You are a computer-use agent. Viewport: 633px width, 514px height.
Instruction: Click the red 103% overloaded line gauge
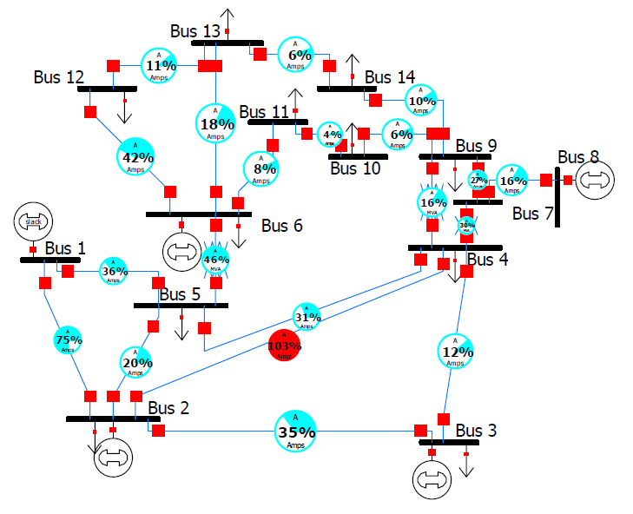tap(285, 346)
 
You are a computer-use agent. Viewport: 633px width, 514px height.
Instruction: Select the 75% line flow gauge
tap(69, 339)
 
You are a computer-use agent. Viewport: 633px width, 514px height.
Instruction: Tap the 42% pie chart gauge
tap(137, 157)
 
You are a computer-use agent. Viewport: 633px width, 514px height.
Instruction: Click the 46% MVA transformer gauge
tap(216, 259)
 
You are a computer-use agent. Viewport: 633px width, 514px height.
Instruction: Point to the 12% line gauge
tap(458, 352)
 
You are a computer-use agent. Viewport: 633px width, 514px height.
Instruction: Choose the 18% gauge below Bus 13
tap(215, 123)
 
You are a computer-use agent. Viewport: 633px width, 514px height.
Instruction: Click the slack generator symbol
tap(33, 222)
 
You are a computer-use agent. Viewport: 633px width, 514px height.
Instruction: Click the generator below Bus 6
tap(181, 251)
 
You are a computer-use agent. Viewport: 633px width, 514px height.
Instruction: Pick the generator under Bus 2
tap(114, 457)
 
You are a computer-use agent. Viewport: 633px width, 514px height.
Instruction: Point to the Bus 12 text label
tap(59, 77)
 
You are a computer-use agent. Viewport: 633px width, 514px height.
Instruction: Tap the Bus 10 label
tap(355, 168)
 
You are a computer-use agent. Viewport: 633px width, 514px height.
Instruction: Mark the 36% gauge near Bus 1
tap(115, 271)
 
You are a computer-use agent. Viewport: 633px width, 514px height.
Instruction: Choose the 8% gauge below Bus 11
tap(261, 168)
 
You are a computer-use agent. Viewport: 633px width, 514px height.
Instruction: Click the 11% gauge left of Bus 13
tap(159, 65)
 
